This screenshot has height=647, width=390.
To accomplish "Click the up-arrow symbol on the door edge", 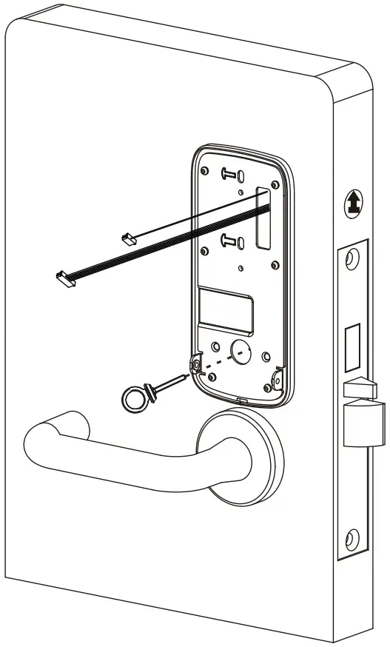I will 354,203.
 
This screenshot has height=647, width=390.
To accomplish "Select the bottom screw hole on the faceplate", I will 352,539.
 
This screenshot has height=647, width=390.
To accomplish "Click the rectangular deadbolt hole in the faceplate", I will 352,341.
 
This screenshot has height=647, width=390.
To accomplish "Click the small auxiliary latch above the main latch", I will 358,386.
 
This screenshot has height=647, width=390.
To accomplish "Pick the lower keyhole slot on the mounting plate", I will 232,241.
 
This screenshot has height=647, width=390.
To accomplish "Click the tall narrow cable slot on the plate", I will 262,216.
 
